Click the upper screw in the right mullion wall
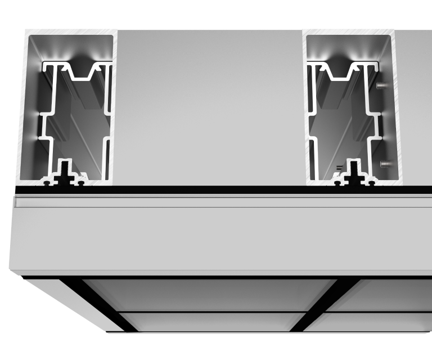(x=383, y=85)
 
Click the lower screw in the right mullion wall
(x=385, y=164)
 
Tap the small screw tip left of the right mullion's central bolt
(x=339, y=167)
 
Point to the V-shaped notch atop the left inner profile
(x=88, y=73)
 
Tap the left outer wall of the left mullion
(x=22, y=107)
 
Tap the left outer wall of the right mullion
(x=307, y=107)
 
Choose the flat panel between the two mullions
(x=208, y=107)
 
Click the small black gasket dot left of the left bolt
(x=46, y=182)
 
